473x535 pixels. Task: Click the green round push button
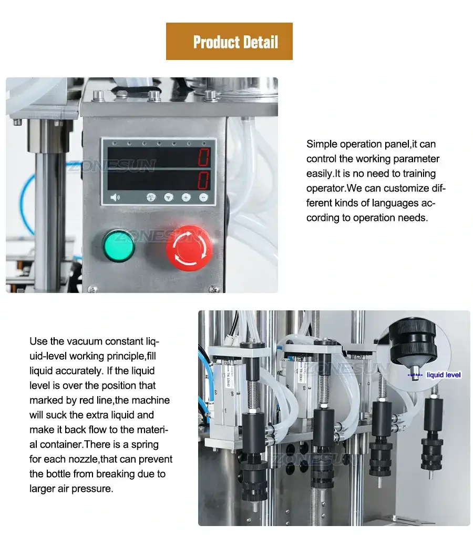tap(119, 245)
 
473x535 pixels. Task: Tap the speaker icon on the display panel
tap(115, 198)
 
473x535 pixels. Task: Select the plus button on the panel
tap(186, 198)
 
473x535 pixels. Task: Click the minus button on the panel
tap(203, 198)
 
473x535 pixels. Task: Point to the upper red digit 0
tap(203, 157)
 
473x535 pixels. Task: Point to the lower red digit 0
tap(203, 180)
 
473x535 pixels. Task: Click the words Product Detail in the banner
tap(235, 42)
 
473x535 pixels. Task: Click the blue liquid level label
tap(444, 375)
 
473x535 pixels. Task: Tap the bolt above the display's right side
tap(211, 96)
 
